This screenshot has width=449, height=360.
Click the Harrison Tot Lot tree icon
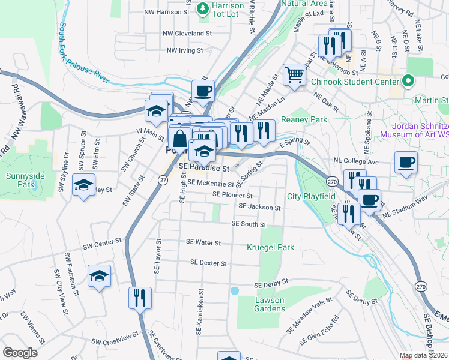point(202,8)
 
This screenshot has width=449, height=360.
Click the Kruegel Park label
point(270,247)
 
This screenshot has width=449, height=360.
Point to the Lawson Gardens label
point(270,304)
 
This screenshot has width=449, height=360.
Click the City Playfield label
point(310,196)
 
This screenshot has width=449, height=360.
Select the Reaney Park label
point(308,119)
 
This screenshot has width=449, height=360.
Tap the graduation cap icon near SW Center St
point(99,276)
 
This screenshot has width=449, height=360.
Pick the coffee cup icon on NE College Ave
point(406,163)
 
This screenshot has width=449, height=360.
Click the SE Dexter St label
point(208,263)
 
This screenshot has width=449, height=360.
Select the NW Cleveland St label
point(190,34)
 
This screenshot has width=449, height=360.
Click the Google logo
point(20,353)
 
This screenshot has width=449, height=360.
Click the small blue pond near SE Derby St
point(234,291)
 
